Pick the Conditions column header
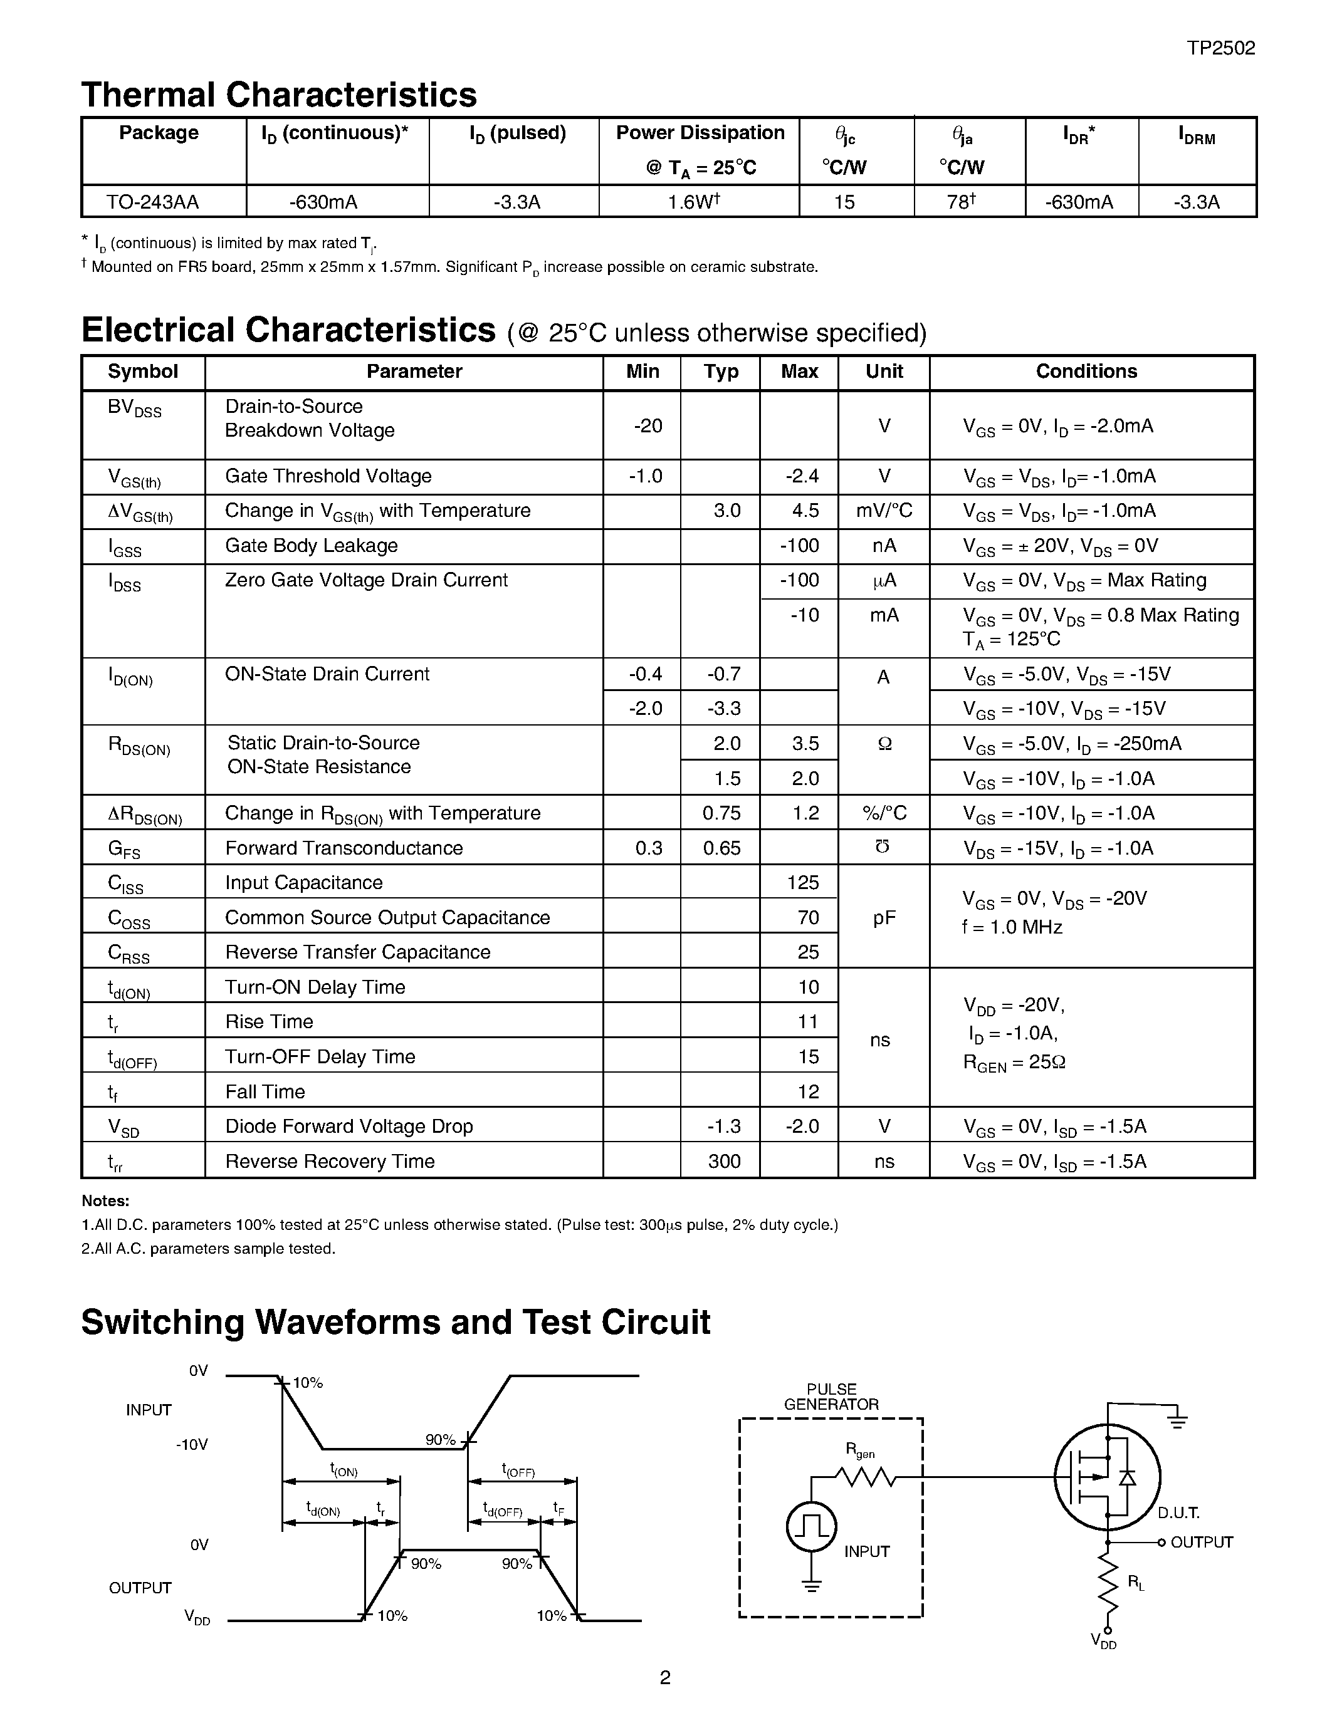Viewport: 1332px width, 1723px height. pos(1086,372)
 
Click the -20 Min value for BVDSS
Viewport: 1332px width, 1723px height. pos(648,426)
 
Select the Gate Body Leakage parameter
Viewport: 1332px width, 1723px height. pos(311,546)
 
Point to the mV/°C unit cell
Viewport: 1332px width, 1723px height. pos(884,511)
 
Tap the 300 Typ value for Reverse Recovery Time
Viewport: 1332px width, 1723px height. pos(723,1161)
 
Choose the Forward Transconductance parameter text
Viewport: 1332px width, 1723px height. pos(343,848)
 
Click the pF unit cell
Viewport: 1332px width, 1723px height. pos(884,917)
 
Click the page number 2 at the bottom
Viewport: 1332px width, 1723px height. pos(665,1677)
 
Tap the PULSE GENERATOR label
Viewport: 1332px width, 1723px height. pos(831,1397)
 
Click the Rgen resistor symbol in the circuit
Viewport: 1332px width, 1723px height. pos(865,1477)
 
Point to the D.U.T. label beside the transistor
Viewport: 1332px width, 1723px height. pos(1178,1512)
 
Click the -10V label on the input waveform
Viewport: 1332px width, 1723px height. pos(192,1445)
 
